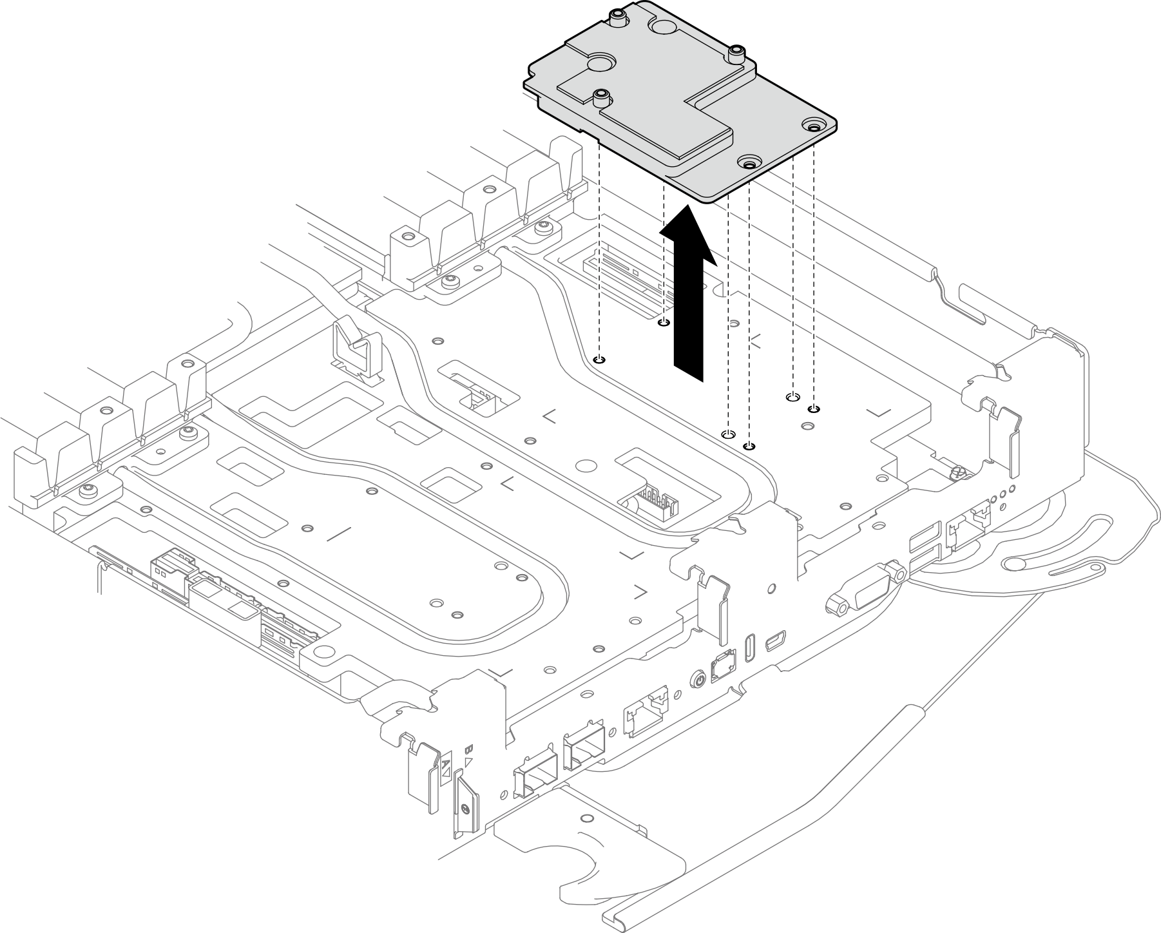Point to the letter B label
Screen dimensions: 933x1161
pos(469,749)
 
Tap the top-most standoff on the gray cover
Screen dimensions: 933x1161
pos(617,17)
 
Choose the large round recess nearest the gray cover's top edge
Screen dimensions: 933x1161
pos(664,26)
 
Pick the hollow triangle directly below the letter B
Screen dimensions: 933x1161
pos(470,762)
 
